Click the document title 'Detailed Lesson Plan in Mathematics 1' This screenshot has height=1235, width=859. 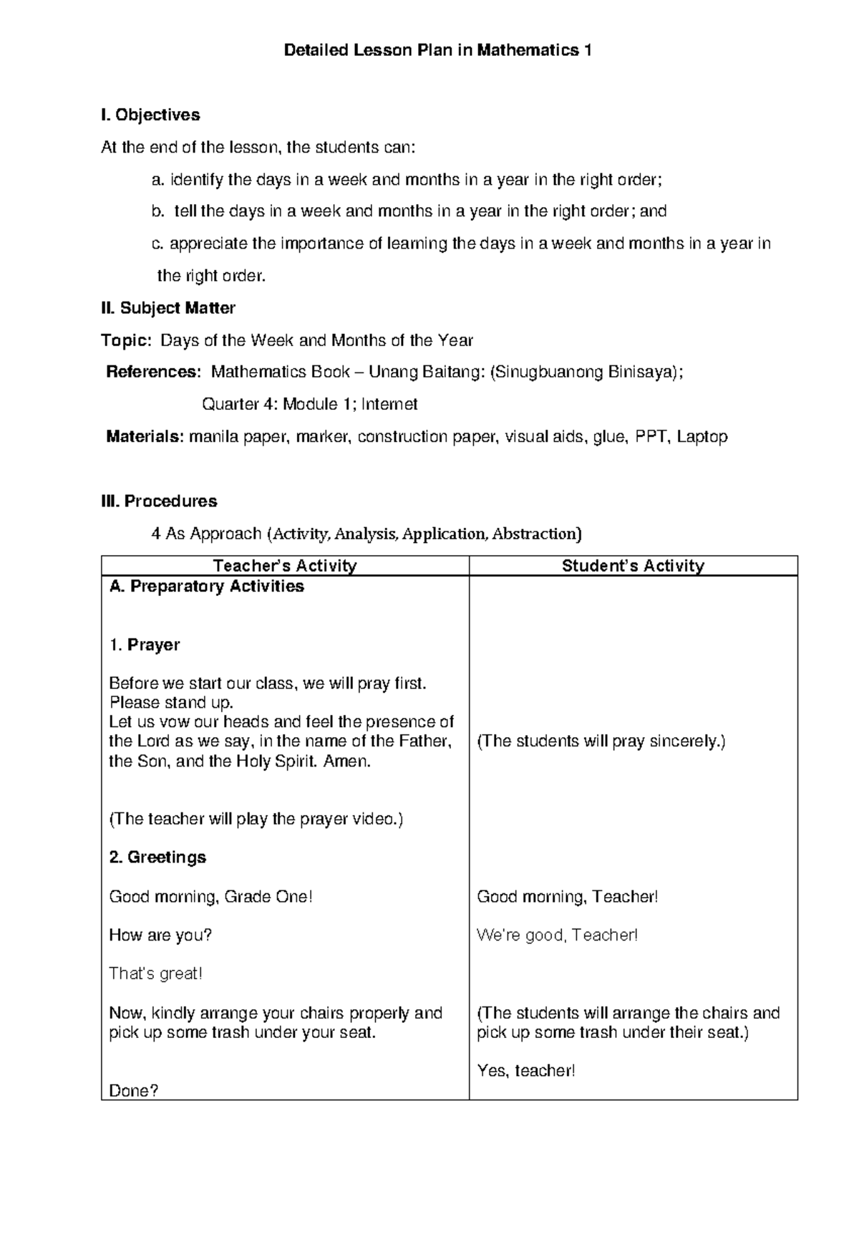[x=437, y=50]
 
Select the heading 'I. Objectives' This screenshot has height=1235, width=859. [x=150, y=115]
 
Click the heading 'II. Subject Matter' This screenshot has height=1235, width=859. [x=168, y=308]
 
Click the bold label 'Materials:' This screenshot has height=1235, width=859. [x=145, y=436]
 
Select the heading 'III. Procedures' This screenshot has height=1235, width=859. [x=159, y=501]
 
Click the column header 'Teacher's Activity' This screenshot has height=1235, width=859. [x=285, y=566]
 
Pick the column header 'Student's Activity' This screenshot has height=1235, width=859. [x=633, y=566]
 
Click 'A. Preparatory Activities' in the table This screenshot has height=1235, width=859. [x=206, y=586]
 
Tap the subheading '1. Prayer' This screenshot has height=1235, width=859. [x=144, y=645]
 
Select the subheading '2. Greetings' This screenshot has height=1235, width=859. [x=157, y=857]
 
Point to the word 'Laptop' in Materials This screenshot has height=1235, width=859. [x=702, y=436]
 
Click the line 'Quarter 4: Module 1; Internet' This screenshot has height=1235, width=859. [x=310, y=404]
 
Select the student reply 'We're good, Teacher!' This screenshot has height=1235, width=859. [x=557, y=935]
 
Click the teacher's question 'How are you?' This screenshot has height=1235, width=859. [x=160, y=935]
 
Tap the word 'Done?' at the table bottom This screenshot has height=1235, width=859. [x=133, y=1091]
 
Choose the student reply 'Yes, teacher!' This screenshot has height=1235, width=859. [x=526, y=1071]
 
